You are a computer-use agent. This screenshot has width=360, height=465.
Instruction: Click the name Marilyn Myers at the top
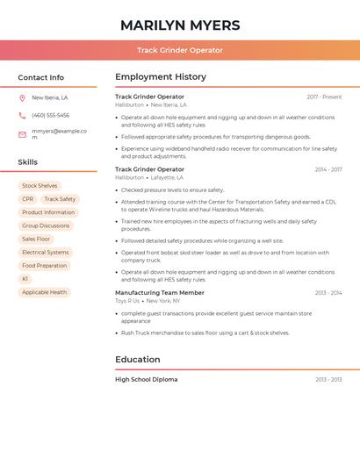(180, 25)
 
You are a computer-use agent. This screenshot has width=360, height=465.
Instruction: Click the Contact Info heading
(41, 77)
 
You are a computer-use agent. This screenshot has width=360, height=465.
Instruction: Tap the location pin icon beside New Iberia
(22, 98)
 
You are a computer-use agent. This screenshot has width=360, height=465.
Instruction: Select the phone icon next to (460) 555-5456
(22, 116)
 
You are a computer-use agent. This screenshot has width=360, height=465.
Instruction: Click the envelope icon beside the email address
(22, 134)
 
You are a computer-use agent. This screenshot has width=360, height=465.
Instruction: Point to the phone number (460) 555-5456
(50, 116)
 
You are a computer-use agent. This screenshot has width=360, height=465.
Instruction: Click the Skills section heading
(28, 162)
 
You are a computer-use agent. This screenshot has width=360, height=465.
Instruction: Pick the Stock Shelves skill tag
(40, 186)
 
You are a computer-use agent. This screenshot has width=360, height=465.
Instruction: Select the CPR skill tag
(28, 199)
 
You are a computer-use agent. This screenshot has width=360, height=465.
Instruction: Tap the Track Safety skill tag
(60, 199)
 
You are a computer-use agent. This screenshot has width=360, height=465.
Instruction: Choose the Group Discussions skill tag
(46, 225)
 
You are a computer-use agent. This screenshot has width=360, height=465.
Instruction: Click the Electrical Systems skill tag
(46, 253)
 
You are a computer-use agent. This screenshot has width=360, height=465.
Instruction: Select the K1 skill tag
(25, 279)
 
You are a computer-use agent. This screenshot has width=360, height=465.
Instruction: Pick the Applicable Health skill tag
(44, 292)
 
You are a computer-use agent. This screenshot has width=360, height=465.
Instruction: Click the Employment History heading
(161, 77)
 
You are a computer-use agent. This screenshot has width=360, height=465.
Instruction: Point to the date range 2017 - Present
(324, 97)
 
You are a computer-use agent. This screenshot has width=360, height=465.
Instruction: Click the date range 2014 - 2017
(328, 169)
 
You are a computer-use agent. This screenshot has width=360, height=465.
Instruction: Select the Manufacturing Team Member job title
(160, 293)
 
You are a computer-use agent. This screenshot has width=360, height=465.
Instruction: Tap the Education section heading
(138, 359)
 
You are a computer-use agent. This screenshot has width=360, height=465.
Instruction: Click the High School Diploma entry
(147, 380)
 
